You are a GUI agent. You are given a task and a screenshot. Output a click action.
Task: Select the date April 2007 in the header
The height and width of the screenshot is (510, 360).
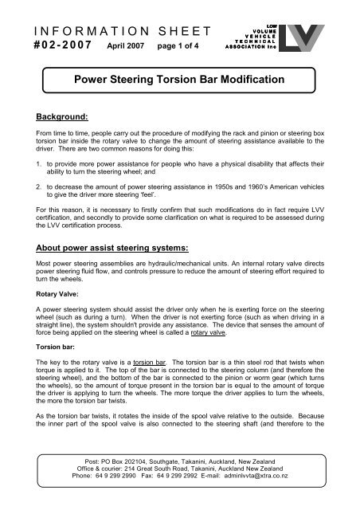122,48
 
